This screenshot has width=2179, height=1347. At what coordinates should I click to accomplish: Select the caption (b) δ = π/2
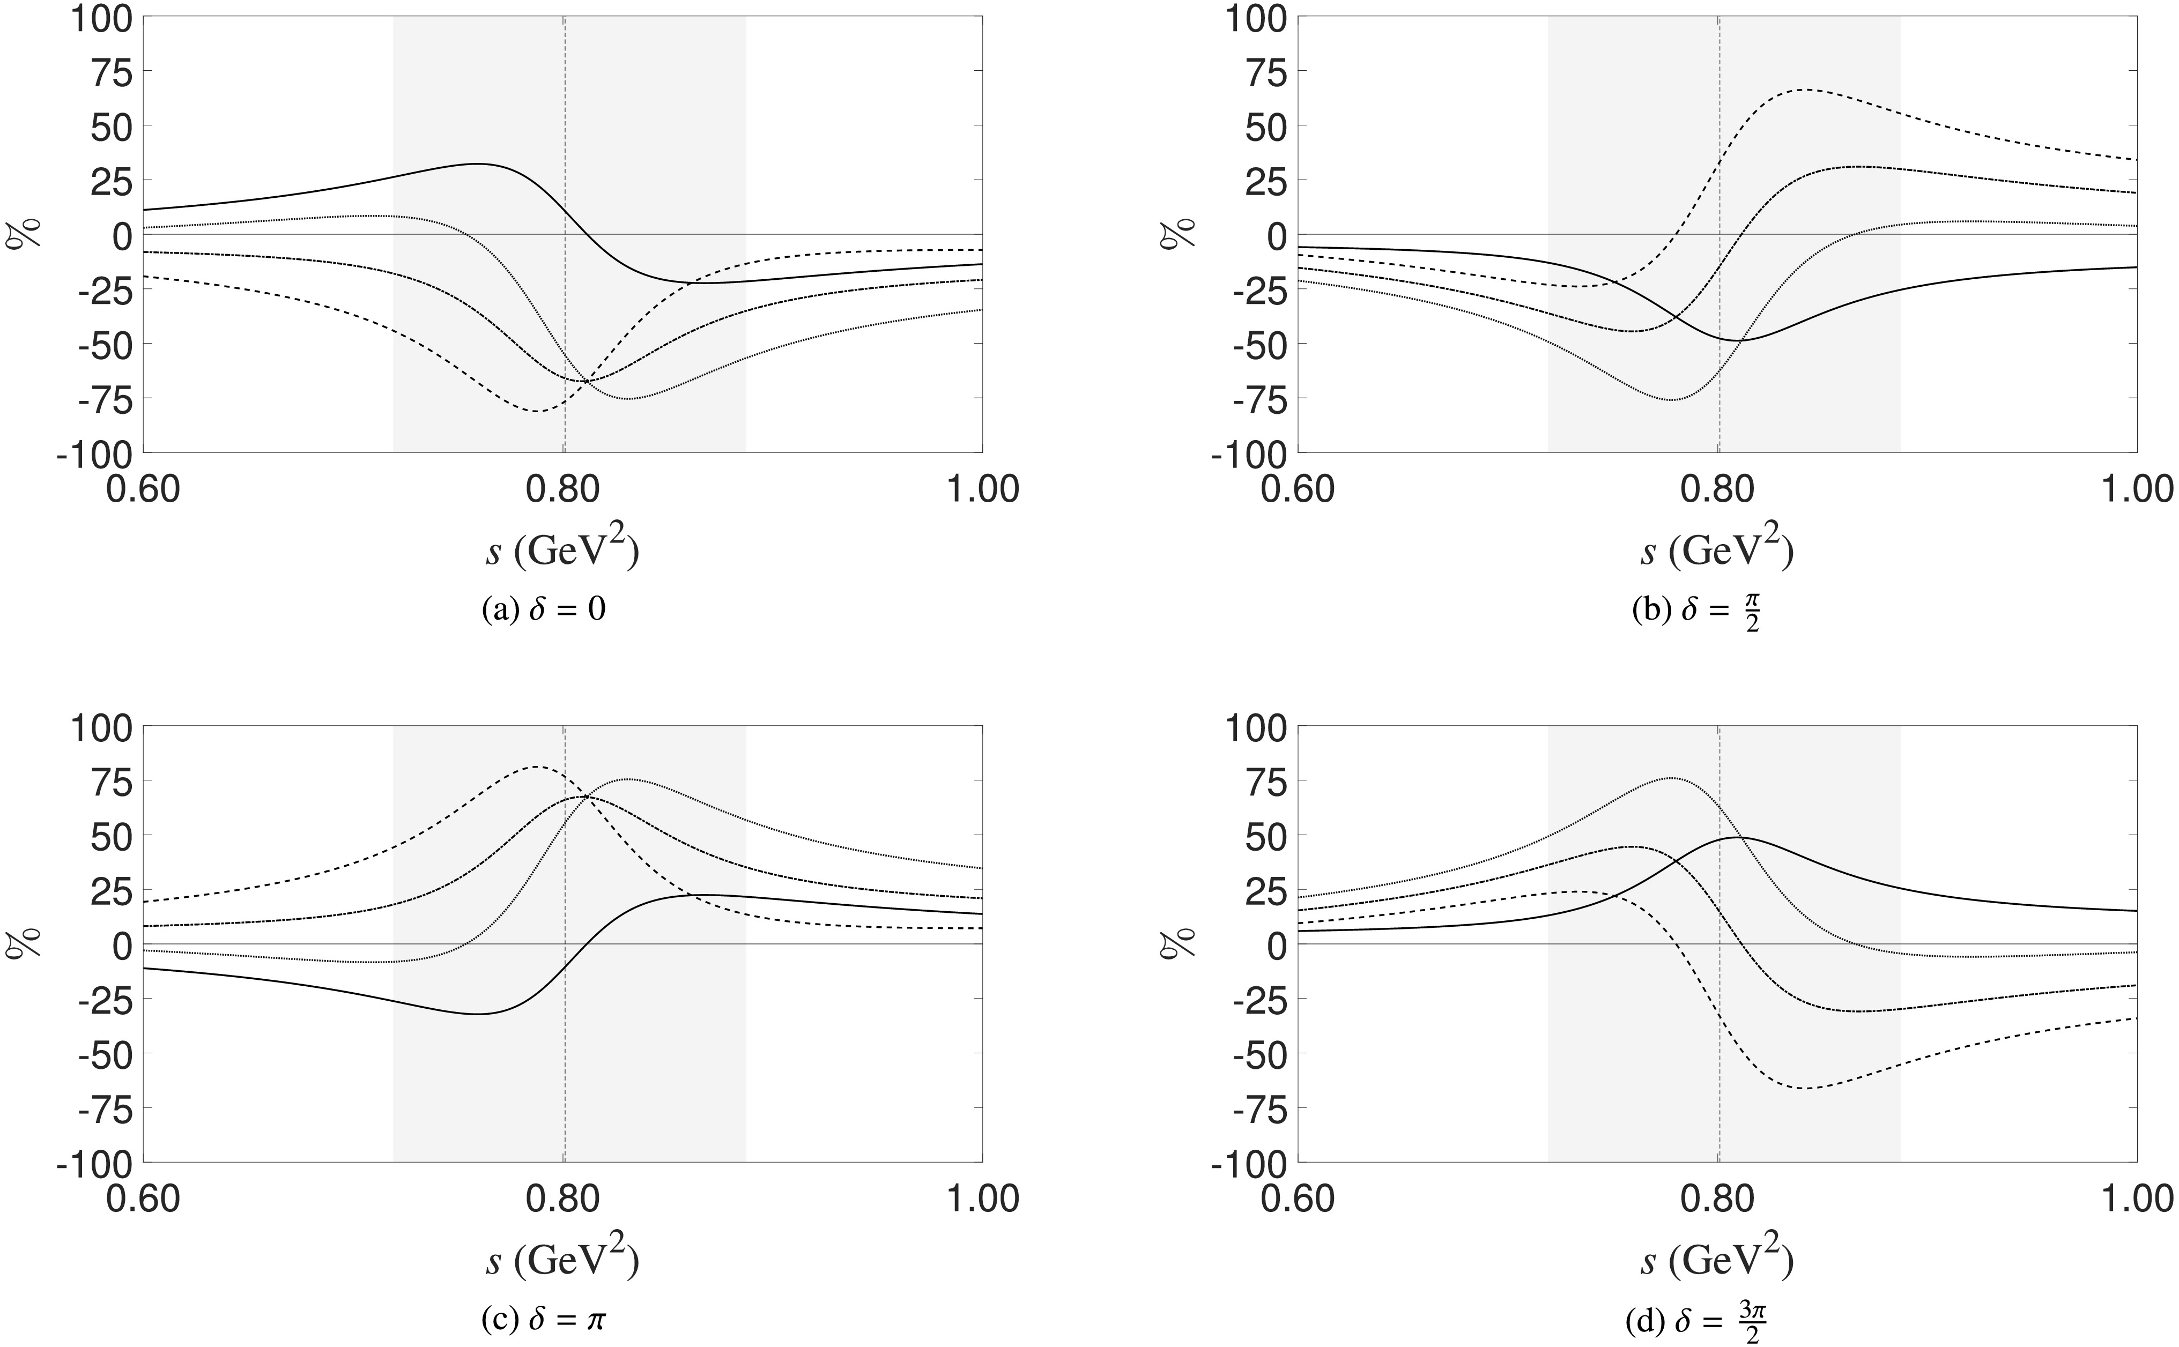(1697, 613)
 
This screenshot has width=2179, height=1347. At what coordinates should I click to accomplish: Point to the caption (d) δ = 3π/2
(1697, 1322)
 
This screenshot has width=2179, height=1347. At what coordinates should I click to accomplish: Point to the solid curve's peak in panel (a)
(478, 164)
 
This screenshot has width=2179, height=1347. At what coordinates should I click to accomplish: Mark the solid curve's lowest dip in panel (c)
(478, 1014)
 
